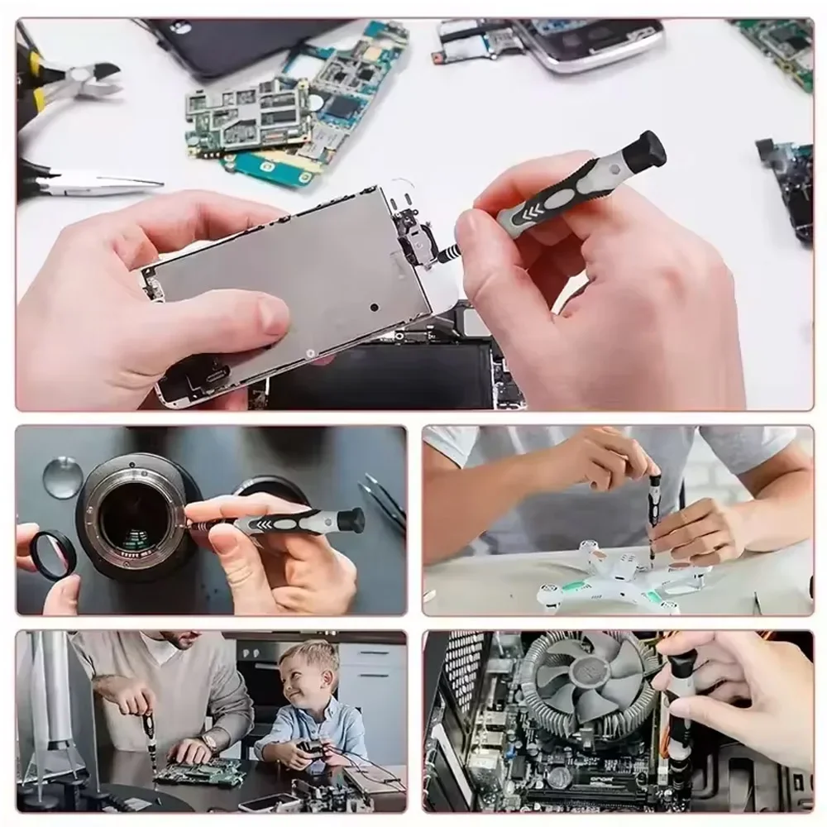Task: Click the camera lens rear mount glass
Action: (132, 517)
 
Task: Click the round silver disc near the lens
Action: (63, 477)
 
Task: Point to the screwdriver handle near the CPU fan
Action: (680, 703)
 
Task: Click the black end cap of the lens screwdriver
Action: (351, 520)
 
